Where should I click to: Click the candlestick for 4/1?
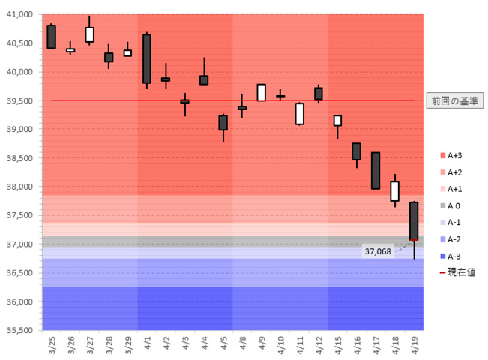(147, 58)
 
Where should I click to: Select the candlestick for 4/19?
(414, 221)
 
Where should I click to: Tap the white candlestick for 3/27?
(90, 34)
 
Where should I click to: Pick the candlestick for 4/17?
(376, 171)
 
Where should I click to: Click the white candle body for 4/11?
(299, 113)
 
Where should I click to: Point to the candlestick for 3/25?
(51, 37)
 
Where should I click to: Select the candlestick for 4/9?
(262, 92)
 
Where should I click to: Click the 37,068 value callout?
(379, 251)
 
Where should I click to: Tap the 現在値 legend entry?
(457, 271)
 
